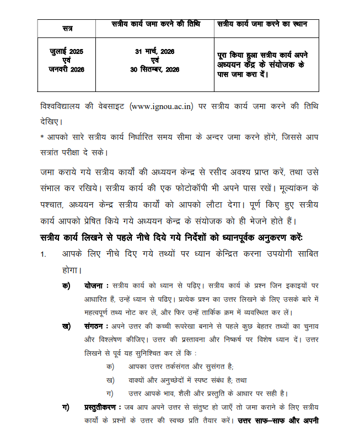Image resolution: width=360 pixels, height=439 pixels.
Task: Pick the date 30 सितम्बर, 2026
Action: (x=155, y=69)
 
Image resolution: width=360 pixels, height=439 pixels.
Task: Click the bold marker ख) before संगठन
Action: (x=66, y=326)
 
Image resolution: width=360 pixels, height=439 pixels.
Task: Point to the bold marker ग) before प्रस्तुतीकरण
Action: (x=66, y=407)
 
